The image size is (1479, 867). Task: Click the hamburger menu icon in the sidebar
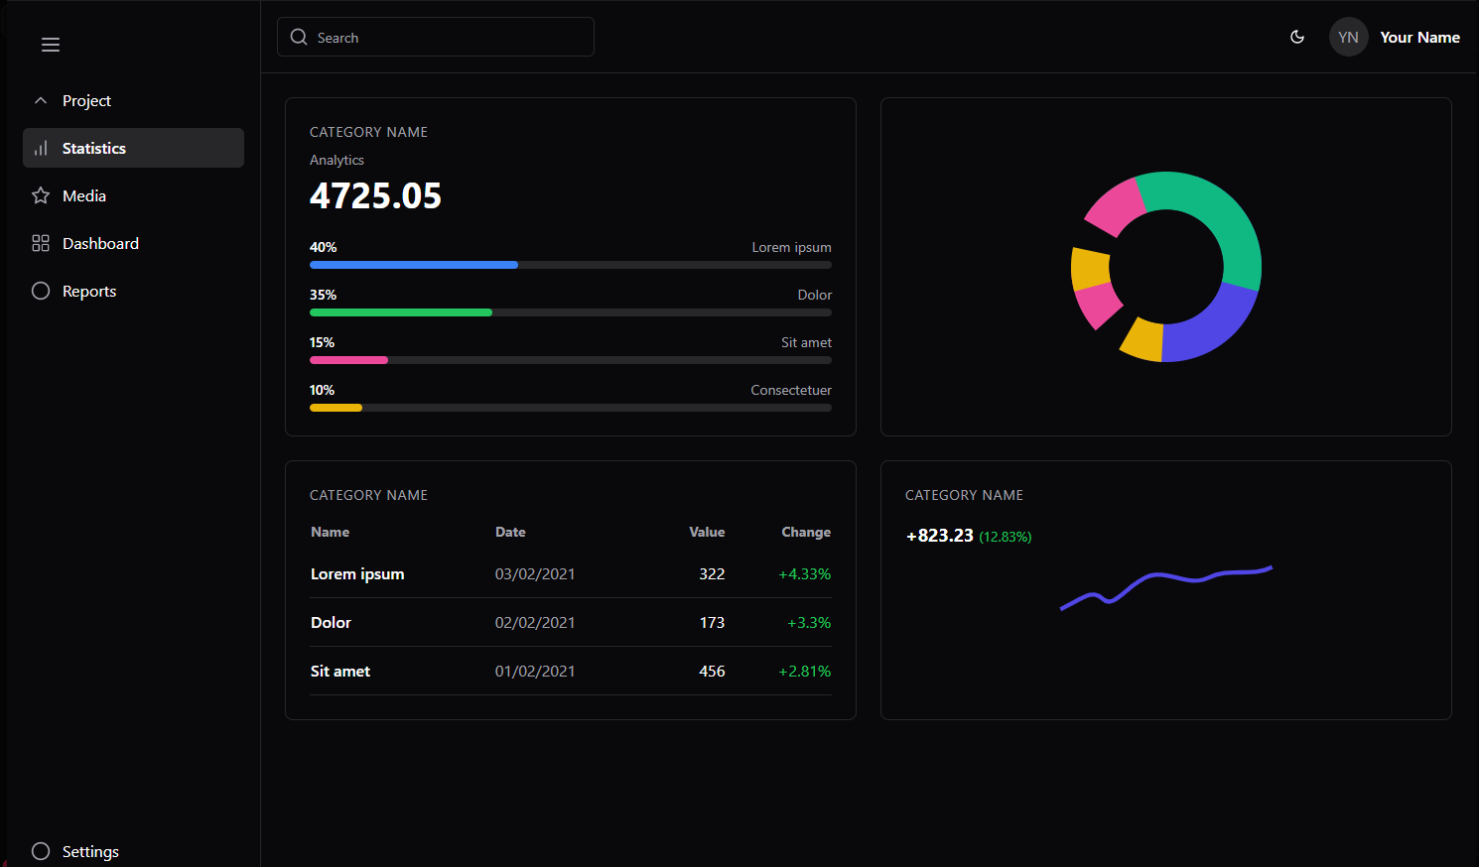[51, 45]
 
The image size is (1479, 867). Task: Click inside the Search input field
[447, 38]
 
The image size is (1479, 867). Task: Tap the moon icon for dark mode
[1296, 37]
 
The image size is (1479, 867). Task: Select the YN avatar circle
[1348, 38]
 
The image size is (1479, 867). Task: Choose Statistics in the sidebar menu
[133, 148]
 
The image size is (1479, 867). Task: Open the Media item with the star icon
[83, 195]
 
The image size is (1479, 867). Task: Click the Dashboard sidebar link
[99, 243]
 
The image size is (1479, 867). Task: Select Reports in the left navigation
[88, 291]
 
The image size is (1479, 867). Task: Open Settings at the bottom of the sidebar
[89, 851]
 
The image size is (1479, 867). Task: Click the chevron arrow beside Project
[41, 100]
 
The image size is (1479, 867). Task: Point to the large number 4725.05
[375, 195]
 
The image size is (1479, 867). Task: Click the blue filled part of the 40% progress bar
[413, 265]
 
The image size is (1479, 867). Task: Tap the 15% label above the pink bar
[322, 342]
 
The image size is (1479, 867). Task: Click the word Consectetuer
[790, 390]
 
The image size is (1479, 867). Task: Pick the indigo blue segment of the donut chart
[1211, 327]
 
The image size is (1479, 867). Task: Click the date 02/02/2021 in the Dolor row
[535, 622]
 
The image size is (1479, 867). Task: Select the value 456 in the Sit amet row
[712, 671]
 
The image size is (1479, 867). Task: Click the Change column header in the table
[805, 532]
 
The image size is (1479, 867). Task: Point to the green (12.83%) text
[1005, 537]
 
